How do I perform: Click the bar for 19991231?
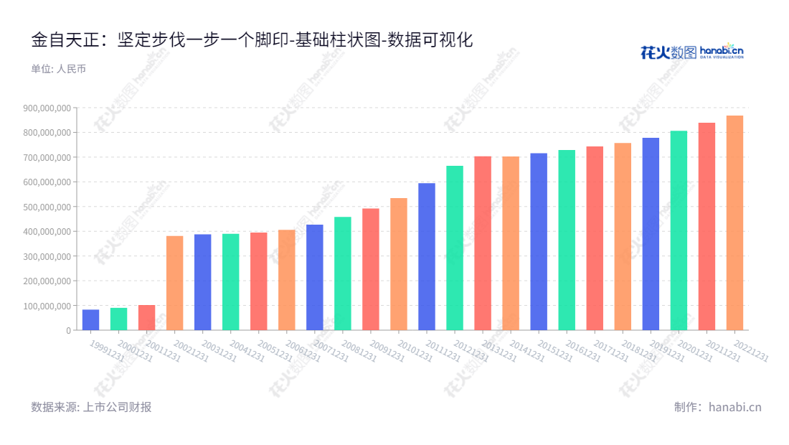point(90,320)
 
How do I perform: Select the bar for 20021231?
point(174,283)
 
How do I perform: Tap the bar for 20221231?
point(734,222)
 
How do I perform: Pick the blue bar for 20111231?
point(427,256)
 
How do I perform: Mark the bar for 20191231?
point(651,234)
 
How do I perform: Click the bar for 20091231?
point(371,269)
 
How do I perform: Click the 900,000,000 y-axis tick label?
point(47,108)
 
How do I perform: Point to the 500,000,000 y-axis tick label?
point(47,207)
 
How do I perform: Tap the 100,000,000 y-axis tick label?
point(47,306)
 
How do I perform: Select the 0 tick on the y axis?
point(69,330)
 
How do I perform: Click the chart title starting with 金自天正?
point(252,40)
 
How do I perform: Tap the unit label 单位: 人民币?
point(58,69)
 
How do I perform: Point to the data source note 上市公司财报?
point(91,407)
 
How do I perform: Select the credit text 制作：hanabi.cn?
point(717,407)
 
